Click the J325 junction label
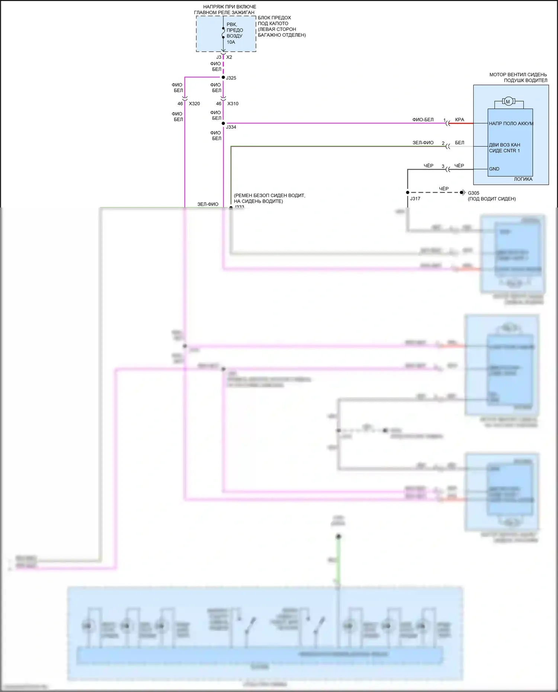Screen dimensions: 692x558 click(231, 78)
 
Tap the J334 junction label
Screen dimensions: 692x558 click(231, 127)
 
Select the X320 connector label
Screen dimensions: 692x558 click(194, 104)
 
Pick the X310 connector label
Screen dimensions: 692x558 click(233, 104)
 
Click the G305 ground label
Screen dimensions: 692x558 click(474, 193)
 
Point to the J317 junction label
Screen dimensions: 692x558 click(415, 199)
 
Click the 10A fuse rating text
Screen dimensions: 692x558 click(231, 42)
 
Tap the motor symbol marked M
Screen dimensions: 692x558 click(508, 102)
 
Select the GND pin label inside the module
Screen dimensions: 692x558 click(494, 169)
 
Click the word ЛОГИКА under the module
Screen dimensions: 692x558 click(523, 179)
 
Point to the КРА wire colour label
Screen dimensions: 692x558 click(459, 120)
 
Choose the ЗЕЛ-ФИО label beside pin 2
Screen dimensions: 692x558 click(423, 143)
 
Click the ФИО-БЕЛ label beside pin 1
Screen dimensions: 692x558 click(423, 120)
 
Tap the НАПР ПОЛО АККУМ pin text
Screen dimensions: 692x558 click(511, 124)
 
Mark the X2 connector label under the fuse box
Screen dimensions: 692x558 click(229, 57)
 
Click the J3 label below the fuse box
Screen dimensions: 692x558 click(219, 57)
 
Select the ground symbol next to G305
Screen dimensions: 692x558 click(463, 193)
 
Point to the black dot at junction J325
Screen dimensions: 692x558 click(223, 77)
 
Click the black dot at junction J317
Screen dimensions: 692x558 click(407, 193)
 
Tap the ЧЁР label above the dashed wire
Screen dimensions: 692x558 click(444, 189)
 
